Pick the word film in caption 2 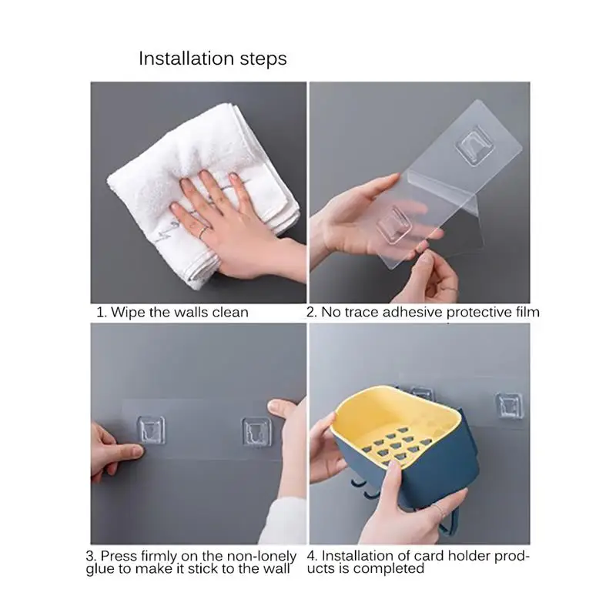coord(527,312)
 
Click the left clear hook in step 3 coord(151,430)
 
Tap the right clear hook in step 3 coord(256,431)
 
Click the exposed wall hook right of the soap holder coord(509,406)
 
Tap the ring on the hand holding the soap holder coord(440,512)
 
